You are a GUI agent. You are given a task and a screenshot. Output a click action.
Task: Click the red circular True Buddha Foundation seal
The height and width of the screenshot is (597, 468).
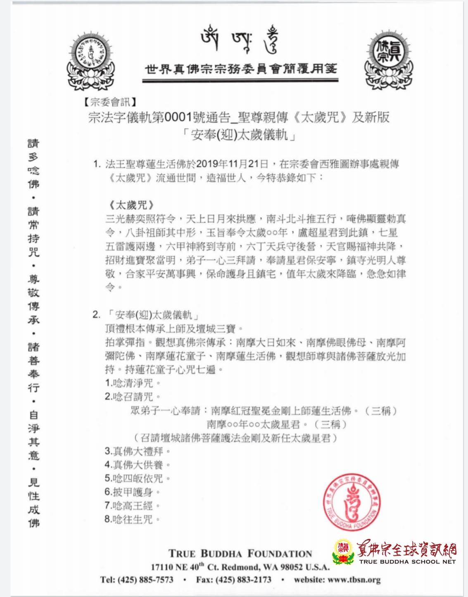[x=352, y=502]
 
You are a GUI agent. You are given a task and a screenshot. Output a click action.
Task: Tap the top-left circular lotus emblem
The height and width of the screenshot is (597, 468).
[x=94, y=59]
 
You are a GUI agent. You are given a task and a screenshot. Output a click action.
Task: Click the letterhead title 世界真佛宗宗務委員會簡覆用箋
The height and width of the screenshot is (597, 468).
[x=240, y=69]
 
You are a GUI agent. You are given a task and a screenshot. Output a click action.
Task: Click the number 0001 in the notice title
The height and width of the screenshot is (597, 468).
[x=180, y=118]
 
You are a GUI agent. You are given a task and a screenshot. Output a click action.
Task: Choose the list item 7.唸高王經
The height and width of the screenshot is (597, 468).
[x=132, y=506]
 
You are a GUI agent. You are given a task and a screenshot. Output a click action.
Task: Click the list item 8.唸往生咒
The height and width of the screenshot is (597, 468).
[x=132, y=519]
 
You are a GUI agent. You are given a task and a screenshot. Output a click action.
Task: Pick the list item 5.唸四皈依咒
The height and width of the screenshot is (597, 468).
[x=137, y=478]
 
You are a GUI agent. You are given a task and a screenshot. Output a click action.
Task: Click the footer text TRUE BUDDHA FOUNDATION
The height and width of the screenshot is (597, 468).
[x=240, y=554]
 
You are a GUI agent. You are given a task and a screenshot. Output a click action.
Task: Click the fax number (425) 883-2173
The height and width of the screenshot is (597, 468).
[x=248, y=580]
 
